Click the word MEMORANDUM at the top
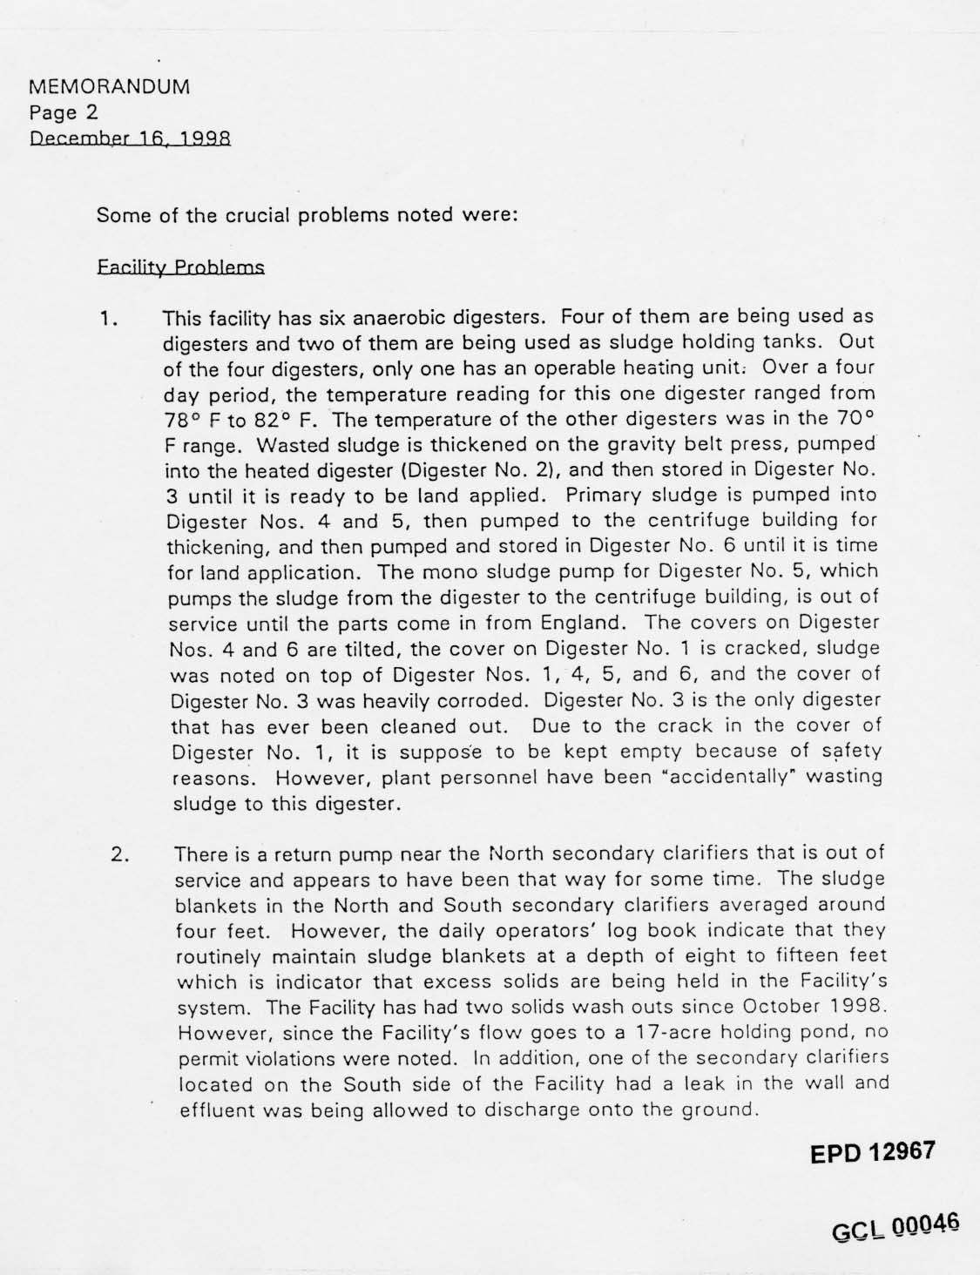coord(110,87)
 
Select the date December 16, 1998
coord(130,138)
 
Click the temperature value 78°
coord(180,419)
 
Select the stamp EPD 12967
coord(872,1152)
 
